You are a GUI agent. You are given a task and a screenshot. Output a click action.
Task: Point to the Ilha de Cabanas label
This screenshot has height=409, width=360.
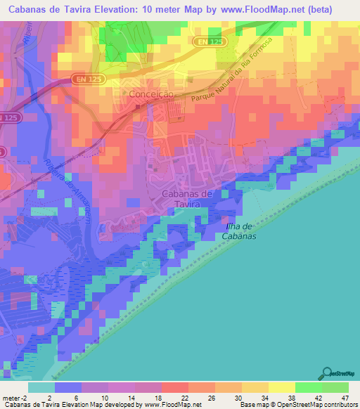point(240,231)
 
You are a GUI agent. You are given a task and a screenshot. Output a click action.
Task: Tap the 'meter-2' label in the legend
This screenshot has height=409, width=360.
point(14,397)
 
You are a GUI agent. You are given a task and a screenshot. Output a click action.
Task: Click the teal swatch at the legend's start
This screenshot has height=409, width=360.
point(41,387)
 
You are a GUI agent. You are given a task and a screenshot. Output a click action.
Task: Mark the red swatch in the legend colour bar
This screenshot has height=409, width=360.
point(174,387)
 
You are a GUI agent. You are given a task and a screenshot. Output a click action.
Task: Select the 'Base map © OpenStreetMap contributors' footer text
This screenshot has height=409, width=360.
point(297,405)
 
